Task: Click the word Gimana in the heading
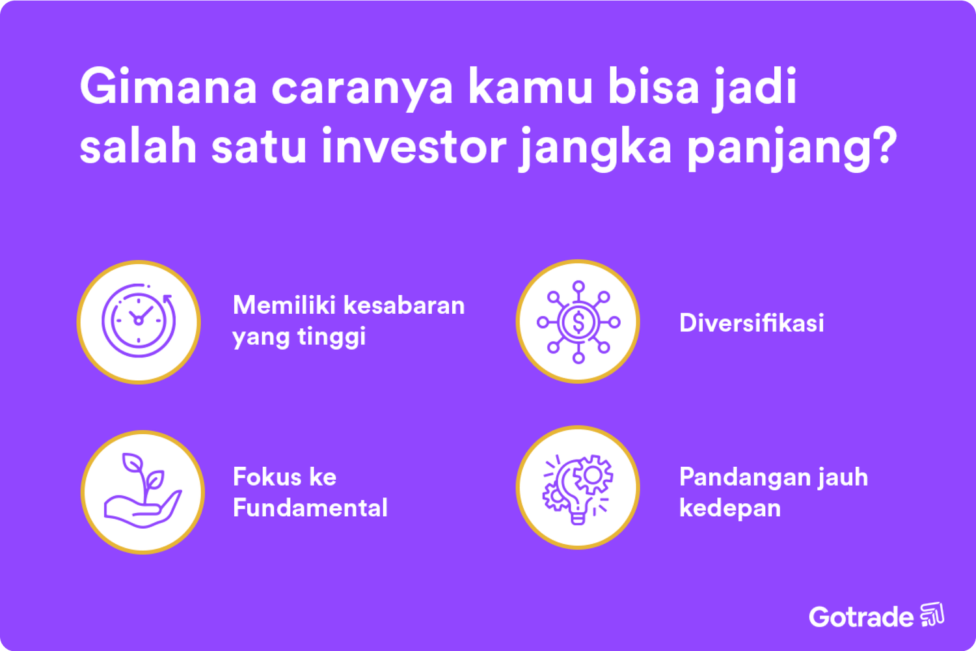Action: coord(168,87)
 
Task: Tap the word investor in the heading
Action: coord(413,146)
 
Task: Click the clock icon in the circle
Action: coord(139,321)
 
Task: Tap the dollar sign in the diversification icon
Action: coord(578,322)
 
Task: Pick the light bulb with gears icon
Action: coord(578,488)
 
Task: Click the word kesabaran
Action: coord(404,305)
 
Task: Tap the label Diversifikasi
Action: coord(752,323)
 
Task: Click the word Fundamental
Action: coord(310,508)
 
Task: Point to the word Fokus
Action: coord(264,477)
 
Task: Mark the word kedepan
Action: coord(729,508)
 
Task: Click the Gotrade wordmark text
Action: coord(861,616)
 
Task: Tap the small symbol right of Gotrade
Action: coord(932,615)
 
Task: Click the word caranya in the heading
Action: coord(362,88)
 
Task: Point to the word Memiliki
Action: coord(284,305)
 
